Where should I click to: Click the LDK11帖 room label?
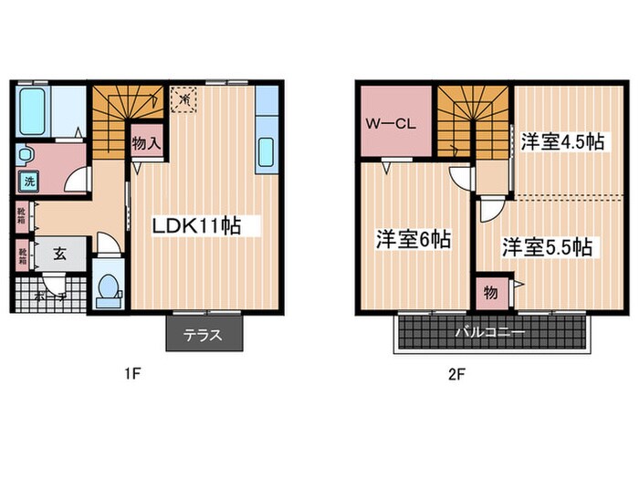click(198, 225)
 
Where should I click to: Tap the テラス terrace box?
click(204, 335)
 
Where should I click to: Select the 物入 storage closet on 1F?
click(146, 143)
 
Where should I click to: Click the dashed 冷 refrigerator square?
click(183, 96)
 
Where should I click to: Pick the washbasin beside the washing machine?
click(25, 155)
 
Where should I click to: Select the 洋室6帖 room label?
click(414, 239)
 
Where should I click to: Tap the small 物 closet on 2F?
click(491, 293)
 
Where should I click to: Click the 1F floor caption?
click(133, 373)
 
